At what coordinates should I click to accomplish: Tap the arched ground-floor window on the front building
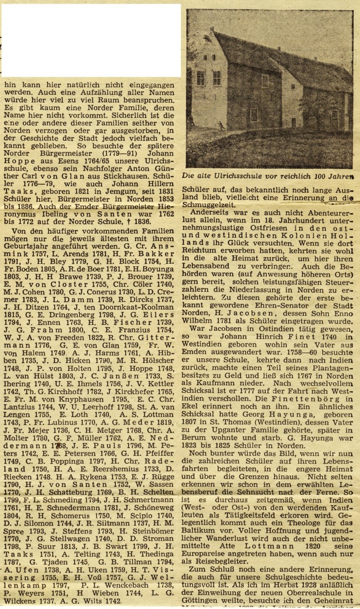(x=253, y=114)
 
